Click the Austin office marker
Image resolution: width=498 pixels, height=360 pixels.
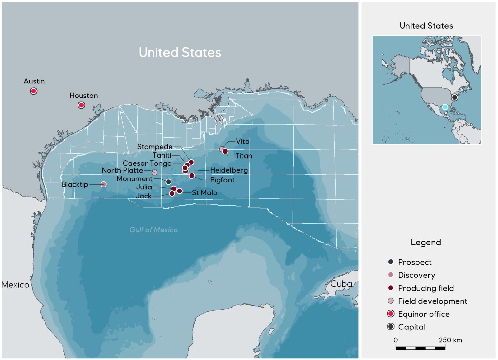pyautogui.click(x=34, y=91)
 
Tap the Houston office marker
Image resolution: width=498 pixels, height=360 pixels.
pyautogui.click(x=81, y=105)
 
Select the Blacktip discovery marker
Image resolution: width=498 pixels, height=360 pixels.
pyautogui.click(x=104, y=184)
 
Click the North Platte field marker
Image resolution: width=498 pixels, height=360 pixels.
pyautogui.click(x=154, y=172)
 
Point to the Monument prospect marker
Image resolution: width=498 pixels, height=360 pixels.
pyautogui.click(x=168, y=182)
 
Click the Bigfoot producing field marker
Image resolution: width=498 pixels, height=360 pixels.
pyautogui.click(x=192, y=176)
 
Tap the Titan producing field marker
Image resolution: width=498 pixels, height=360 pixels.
pyautogui.click(x=225, y=151)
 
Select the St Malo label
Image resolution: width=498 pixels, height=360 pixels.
pyautogui.click(x=204, y=193)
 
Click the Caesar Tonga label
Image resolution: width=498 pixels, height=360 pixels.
pyautogui.click(x=147, y=163)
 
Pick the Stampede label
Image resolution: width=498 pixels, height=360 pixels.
pyautogui.click(x=155, y=147)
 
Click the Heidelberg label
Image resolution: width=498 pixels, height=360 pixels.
pyautogui.click(x=229, y=170)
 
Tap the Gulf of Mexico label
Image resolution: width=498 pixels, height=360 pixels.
pyautogui.click(x=153, y=230)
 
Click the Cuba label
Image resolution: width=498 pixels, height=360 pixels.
pyautogui.click(x=341, y=284)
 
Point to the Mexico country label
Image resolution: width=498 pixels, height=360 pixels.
pyautogui.click(x=15, y=285)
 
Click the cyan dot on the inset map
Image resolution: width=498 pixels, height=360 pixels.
pyautogui.click(x=445, y=107)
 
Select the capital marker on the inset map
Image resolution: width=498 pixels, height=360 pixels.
pyautogui.click(x=454, y=97)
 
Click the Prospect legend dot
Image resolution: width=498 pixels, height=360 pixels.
pyautogui.click(x=391, y=262)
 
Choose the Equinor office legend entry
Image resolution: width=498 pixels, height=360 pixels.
pyautogui.click(x=424, y=314)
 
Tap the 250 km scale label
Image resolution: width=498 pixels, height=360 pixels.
pyautogui.click(x=450, y=340)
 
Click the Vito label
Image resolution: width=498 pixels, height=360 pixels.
pyautogui.click(x=242, y=141)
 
